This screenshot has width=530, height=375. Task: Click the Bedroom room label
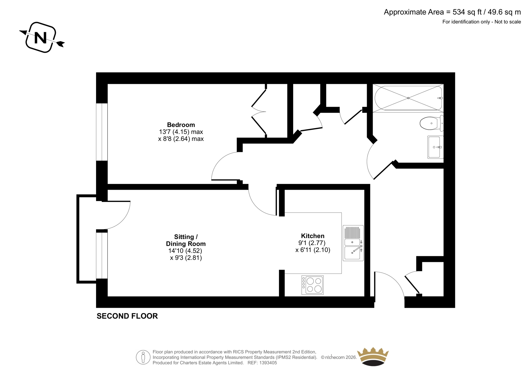(x=181, y=125)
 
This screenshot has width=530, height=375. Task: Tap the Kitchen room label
(x=313, y=236)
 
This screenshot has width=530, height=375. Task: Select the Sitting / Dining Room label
(x=186, y=240)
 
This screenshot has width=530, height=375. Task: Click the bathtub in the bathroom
(x=408, y=98)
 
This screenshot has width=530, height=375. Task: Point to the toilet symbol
(x=431, y=123)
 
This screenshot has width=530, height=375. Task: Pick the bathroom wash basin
(x=435, y=147)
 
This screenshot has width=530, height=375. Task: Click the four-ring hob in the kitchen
(x=312, y=285)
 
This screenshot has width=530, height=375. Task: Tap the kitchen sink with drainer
(x=353, y=243)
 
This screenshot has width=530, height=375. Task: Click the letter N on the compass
(x=40, y=38)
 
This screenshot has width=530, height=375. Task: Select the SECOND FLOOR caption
(x=127, y=316)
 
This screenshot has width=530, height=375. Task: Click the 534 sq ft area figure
(x=467, y=12)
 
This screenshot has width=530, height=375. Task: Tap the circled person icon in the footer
(x=143, y=357)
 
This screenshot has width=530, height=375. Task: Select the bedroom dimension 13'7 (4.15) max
(x=181, y=132)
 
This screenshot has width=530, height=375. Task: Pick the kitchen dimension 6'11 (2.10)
(x=315, y=250)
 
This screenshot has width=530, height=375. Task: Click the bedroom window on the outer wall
(x=102, y=132)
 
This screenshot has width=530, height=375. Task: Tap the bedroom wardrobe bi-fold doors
(x=259, y=111)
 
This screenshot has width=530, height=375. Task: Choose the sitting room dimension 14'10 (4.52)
(x=185, y=251)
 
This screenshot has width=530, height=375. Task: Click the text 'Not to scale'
(x=508, y=22)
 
